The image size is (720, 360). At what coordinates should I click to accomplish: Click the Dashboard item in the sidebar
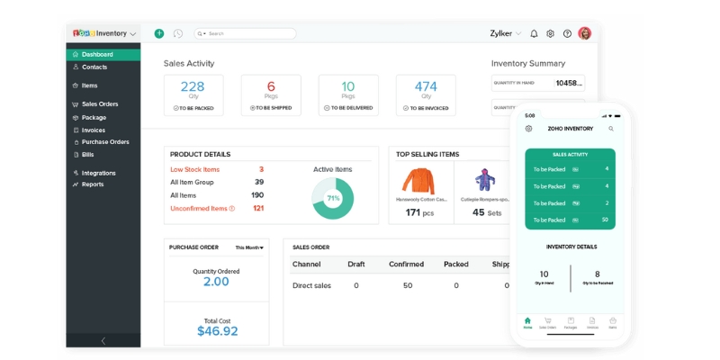pyautogui.click(x=97, y=54)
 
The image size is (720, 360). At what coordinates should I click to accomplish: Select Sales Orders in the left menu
pyautogui.click(x=100, y=104)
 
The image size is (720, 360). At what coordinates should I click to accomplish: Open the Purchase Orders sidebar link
pyautogui.click(x=105, y=142)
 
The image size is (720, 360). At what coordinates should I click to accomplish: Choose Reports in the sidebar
pyautogui.click(x=93, y=184)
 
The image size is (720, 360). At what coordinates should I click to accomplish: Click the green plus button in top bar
pyautogui.click(x=159, y=33)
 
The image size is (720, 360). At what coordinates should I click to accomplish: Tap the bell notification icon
pyautogui.click(x=534, y=33)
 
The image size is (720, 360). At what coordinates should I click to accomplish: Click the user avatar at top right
pyautogui.click(x=585, y=33)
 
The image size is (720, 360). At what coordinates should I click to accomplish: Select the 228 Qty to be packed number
pyautogui.click(x=193, y=86)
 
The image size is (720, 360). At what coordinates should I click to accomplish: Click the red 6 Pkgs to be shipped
pyautogui.click(x=271, y=86)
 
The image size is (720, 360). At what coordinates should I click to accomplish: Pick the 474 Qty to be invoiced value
pyautogui.click(x=426, y=86)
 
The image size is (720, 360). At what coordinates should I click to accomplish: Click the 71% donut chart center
pyautogui.click(x=332, y=198)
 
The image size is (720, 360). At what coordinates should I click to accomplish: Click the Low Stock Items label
pyautogui.click(x=194, y=169)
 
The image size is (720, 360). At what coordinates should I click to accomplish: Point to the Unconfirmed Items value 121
pyautogui.click(x=257, y=208)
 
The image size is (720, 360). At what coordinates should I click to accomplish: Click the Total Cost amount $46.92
pyautogui.click(x=217, y=331)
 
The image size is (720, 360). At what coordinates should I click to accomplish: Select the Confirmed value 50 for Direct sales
pyautogui.click(x=407, y=285)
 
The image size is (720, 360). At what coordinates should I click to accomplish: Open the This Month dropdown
pyautogui.click(x=249, y=247)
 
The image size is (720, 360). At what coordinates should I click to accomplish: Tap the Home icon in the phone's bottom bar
pyautogui.click(x=527, y=321)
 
